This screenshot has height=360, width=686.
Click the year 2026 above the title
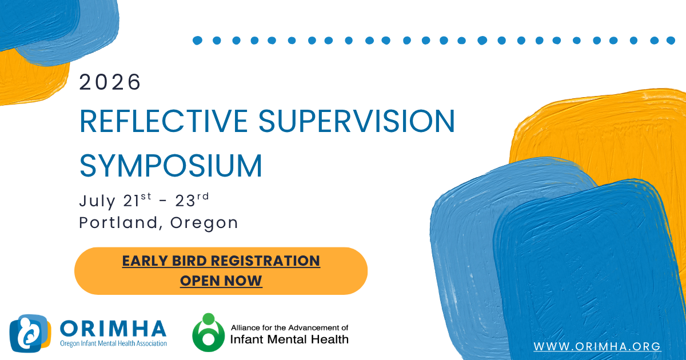point(110,83)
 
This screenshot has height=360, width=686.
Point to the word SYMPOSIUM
point(171,165)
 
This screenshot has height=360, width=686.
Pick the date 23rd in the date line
point(193,201)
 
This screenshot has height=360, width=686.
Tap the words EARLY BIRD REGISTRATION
point(221,261)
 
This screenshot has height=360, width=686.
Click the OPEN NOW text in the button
point(221,281)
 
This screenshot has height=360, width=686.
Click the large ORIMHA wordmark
point(113,328)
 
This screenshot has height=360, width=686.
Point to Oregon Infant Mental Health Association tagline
point(113,343)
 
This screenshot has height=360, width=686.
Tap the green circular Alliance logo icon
point(208,333)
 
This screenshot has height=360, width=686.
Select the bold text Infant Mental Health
point(289,339)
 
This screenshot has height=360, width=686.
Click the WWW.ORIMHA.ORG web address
point(597,346)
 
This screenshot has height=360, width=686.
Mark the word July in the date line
point(98,202)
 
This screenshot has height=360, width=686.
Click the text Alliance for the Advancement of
point(289,327)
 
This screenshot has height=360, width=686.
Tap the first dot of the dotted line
point(198,41)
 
